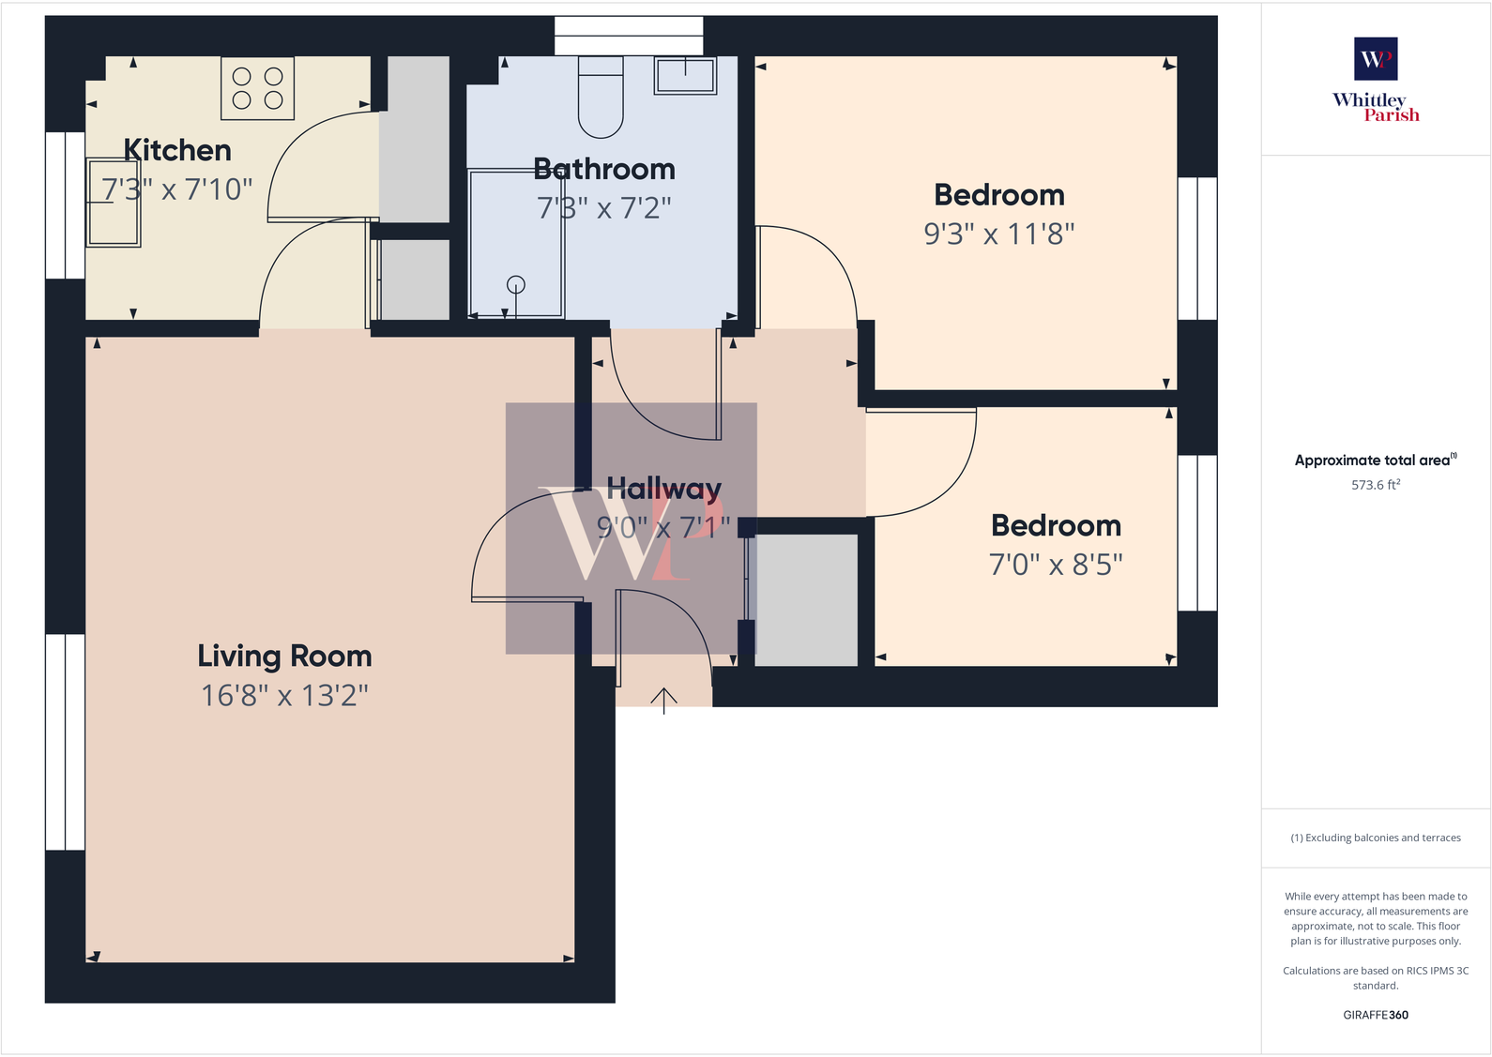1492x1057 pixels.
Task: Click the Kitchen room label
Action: click(177, 150)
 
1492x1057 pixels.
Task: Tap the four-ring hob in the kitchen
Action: click(257, 88)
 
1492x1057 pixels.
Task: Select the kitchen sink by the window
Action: click(114, 203)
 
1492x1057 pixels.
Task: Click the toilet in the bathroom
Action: click(601, 98)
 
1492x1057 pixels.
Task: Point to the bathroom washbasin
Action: click(685, 75)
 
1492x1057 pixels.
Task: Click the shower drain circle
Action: click(516, 284)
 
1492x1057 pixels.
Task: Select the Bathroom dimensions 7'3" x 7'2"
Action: click(604, 208)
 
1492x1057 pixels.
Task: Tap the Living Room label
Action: click(284, 656)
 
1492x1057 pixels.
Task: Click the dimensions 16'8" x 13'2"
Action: click(284, 696)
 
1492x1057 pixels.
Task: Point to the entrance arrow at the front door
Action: click(663, 700)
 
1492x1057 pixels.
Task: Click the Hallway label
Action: click(663, 488)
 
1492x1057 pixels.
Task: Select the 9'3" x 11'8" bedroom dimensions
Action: click(998, 234)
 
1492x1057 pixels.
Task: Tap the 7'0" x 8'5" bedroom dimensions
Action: click(1056, 565)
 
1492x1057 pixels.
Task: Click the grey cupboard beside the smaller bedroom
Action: click(806, 600)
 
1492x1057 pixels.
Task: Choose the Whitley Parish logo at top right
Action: click(1376, 81)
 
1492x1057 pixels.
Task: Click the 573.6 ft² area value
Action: click(1376, 485)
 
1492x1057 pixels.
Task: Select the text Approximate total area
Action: click(1372, 461)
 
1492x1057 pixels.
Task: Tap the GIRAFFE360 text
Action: click(1376, 1015)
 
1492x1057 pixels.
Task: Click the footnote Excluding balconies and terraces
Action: click(1376, 838)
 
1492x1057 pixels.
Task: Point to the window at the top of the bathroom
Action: click(629, 36)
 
